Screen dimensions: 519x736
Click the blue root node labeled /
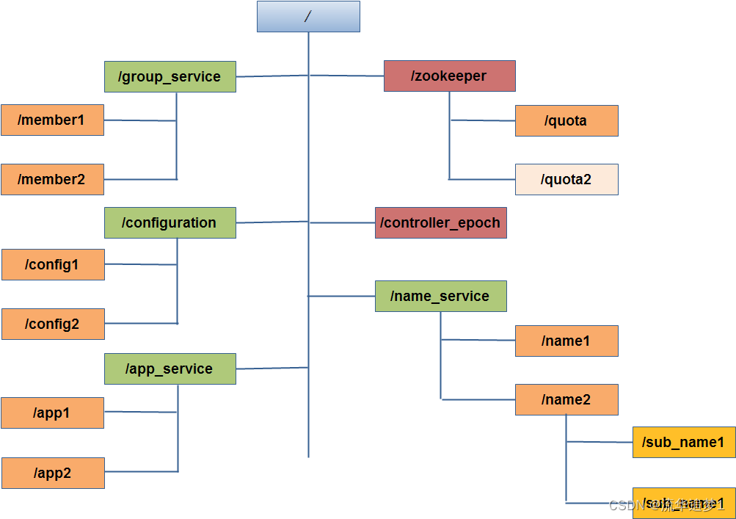tap(308, 16)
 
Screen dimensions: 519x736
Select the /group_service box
tap(170, 76)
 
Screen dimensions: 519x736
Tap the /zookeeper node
tap(449, 76)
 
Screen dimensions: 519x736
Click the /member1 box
tap(52, 120)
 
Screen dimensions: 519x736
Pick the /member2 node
tap(52, 180)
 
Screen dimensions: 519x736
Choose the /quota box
tap(566, 121)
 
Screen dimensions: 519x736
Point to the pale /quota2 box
tap(566, 180)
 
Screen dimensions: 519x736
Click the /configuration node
tap(170, 223)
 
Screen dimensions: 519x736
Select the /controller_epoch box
tap(440, 223)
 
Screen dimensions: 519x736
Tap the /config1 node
tap(53, 265)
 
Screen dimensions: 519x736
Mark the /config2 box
tap(53, 324)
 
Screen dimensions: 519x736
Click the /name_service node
tap(440, 297)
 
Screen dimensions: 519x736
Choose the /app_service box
tap(170, 369)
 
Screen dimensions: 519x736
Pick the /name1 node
tap(566, 341)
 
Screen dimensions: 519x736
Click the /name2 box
tap(566, 400)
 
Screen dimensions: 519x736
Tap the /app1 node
tap(52, 413)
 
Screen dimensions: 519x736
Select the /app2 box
tap(53, 473)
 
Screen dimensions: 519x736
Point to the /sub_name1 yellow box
tap(684, 443)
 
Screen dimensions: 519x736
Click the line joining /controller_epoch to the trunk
tap(342, 222)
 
